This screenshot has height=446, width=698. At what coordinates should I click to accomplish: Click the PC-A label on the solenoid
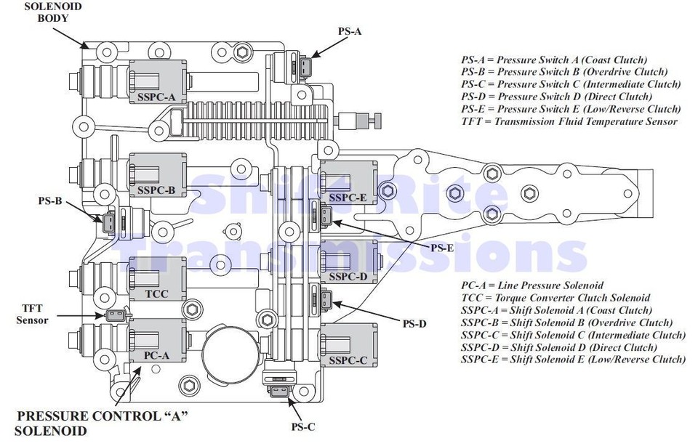(x=156, y=355)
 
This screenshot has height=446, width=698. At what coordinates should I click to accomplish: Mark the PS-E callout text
(x=442, y=247)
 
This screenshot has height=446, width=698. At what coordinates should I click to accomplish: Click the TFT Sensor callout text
(x=33, y=314)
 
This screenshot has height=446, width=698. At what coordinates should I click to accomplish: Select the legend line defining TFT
(x=569, y=121)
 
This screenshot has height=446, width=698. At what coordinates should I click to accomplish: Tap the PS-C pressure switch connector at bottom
(x=280, y=393)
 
